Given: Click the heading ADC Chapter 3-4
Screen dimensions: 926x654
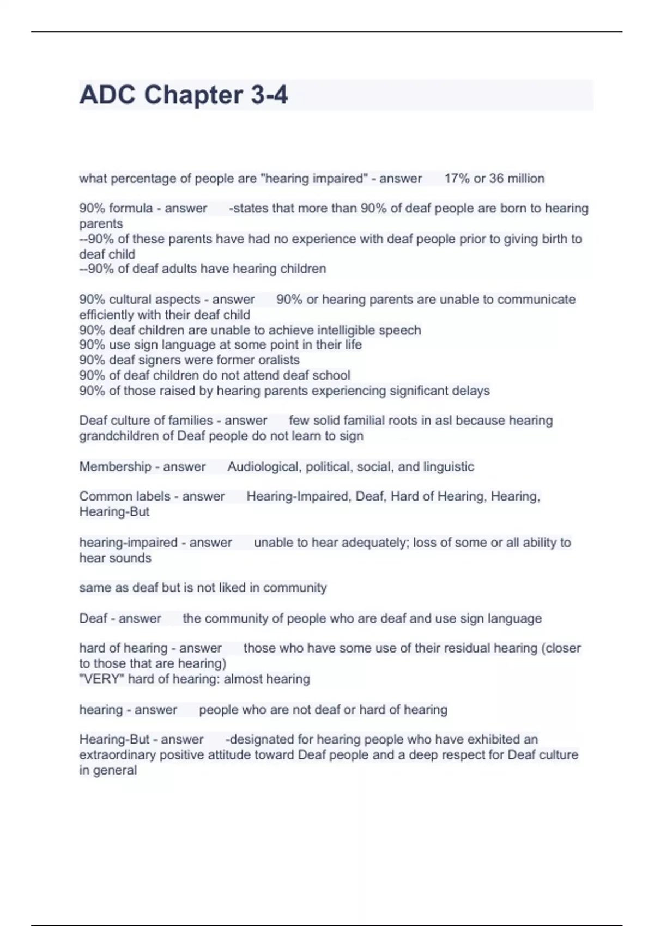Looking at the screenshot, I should coord(183,95).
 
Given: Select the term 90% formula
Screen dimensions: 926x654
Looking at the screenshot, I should coord(116,209).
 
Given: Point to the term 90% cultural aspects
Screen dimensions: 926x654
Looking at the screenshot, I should coord(140,300).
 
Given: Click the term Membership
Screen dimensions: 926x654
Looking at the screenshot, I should coord(115,467).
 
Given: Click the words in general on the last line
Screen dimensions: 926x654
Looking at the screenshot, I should coord(108,770).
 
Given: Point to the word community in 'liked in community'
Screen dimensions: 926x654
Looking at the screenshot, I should coord(295,588).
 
